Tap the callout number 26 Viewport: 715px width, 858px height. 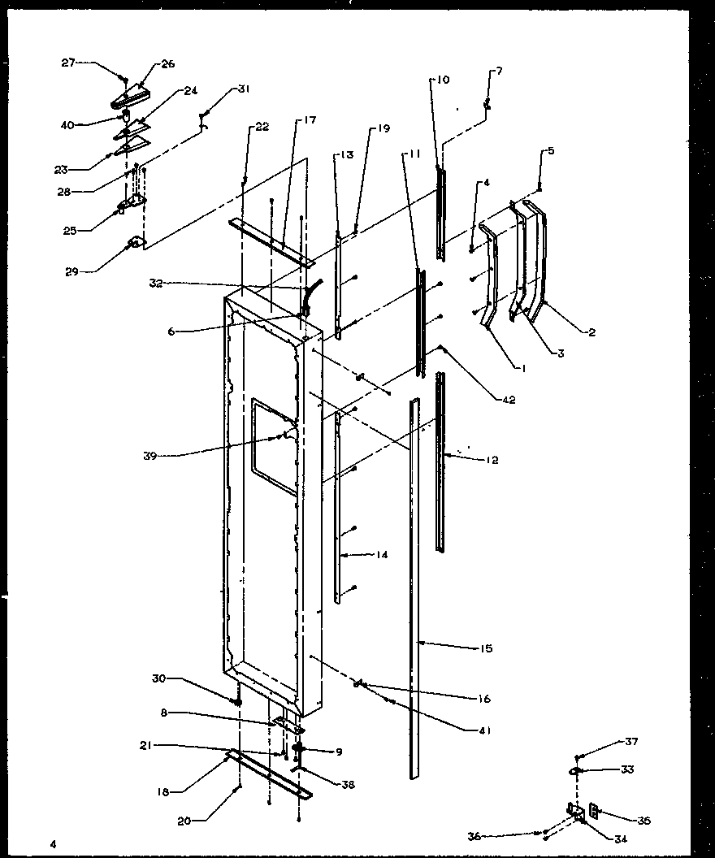pos(168,63)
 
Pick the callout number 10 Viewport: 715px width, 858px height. pos(442,80)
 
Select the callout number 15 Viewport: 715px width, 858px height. pos(486,648)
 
